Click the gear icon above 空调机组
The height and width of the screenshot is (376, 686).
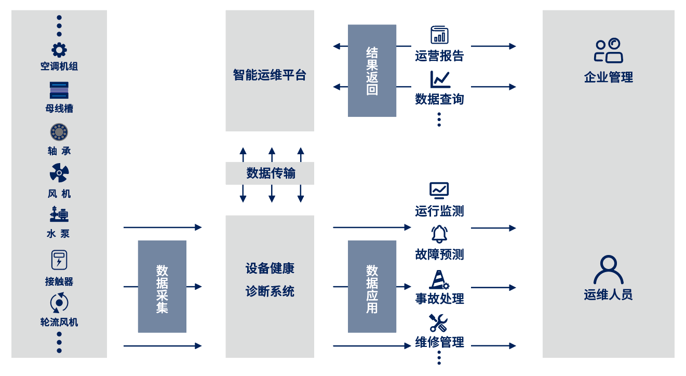[59, 50]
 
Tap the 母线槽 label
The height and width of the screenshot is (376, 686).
[59, 109]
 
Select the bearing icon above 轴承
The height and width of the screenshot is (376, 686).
[59, 132]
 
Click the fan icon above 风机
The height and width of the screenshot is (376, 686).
[59, 173]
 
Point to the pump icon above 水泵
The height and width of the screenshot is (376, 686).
[59, 214]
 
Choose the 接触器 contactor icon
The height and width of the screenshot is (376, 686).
[59, 260]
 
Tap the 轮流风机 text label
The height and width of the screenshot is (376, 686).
[59, 322]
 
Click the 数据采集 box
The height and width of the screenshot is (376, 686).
[162, 286]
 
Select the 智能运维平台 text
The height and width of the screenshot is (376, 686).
[270, 75]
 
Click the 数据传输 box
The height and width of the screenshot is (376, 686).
[270, 173]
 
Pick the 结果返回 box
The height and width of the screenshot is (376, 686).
[372, 71]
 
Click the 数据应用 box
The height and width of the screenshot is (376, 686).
[372, 286]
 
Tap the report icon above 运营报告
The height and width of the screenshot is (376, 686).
[439, 35]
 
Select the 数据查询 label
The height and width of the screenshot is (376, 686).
[439, 99]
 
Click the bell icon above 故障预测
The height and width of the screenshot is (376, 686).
[439, 234]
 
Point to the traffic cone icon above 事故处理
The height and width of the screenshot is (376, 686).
[439, 280]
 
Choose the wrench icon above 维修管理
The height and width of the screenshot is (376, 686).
[439, 323]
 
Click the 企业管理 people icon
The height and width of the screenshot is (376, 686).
[609, 51]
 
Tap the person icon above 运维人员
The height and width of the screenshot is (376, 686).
[609, 270]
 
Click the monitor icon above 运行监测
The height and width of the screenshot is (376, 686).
[439, 191]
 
